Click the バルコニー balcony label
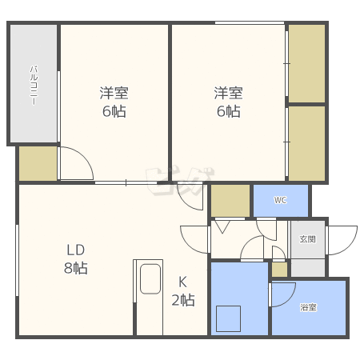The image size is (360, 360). (x=34, y=86)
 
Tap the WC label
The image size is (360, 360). (x=280, y=200)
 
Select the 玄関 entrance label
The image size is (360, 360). (x=308, y=239)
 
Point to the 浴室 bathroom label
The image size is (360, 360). (x=308, y=307)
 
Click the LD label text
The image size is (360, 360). (x=76, y=250)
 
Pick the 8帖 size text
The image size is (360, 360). (x=76, y=268)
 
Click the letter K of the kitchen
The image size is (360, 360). (x=182, y=282)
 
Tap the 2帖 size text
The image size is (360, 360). (x=183, y=300)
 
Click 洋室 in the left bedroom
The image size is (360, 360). (x=114, y=93)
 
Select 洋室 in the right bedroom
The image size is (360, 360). (x=228, y=93)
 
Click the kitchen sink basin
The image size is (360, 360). (x=150, y=278)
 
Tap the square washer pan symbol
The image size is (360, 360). (x=228, y=318)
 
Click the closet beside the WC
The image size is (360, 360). (x=230, y=201)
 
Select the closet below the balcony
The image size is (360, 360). (x=38, y=163)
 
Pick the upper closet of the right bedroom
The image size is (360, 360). (x=307, y=63)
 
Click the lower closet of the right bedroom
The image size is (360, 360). (x=307, y=143)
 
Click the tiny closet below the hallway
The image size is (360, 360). (x=279, y=270)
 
